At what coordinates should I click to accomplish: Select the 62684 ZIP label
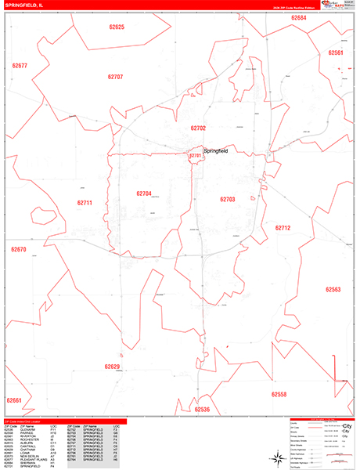(298, 17)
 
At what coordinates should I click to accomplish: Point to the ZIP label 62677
(20, 66)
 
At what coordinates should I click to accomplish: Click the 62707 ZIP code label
(115, 77)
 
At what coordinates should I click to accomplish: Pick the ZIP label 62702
(198, 127)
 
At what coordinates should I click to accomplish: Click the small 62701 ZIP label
(196, 157)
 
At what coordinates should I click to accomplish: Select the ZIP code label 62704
(143, 193)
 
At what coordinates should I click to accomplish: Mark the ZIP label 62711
(85, 203)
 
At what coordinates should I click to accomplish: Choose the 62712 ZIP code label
(283, 228)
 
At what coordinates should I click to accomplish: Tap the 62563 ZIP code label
(333, 290)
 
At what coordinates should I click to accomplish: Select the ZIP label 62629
(112, 366)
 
